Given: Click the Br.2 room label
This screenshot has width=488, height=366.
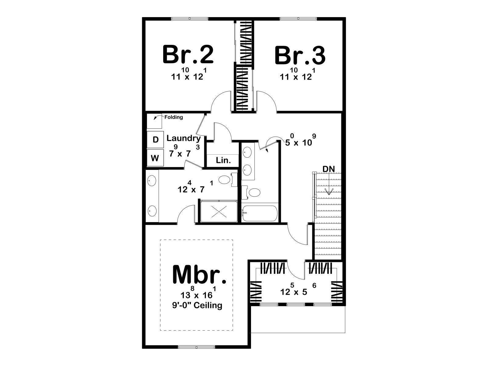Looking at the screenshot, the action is (x=188, y=55).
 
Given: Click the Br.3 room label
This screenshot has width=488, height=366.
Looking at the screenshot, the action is (x=300, y=55).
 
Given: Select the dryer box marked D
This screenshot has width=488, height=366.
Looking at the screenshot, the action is (x=156, y=140).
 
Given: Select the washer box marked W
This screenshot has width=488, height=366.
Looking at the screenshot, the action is (x=155, y=158).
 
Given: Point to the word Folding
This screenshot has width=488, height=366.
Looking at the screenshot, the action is (x=174, y=117).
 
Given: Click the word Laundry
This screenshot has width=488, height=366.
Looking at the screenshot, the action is (x=184, y=138).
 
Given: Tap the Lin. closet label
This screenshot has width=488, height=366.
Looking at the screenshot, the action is (x=223, y=160).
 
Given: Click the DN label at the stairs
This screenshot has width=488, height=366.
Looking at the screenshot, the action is (x=328, y=169).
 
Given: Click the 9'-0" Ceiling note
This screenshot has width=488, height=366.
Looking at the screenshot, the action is (x=197, y=305).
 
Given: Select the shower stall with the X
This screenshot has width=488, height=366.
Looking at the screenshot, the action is (x=219, y=211).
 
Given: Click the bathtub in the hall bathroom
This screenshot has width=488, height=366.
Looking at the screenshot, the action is (x=260, y=213).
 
